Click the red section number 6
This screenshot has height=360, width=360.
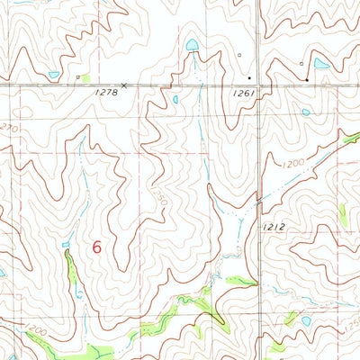pyautogui.click(x=97, y=247)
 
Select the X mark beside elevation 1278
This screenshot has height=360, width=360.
pyautogui.click(x=124, y=85)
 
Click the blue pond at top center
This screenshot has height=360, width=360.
pyautogui.click(x=191, y=45)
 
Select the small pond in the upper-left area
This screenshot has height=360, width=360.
pyautogui.click(x=54, y=75)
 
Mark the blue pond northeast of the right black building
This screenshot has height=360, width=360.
pyautogui.click(x=321, y=64)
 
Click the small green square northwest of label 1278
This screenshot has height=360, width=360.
pyautogui.click(x=78, y=77)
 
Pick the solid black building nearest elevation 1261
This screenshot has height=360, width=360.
pyautogui.click(x=249, y=78)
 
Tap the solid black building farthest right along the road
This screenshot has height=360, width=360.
pyautogui.click(x=307, y=80)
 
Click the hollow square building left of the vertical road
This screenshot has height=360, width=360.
pyautogui.click(x=240, y=54)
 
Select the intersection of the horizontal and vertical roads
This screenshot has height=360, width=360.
pyautogui.click(x=265, y=85)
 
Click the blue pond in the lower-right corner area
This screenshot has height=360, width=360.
pyautogui.click(x=307, y=320)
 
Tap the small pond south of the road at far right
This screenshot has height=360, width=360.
pyautogui.click(x=306, y=112)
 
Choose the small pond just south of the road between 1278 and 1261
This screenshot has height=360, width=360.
pyautogui.click(x=175, y=99)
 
